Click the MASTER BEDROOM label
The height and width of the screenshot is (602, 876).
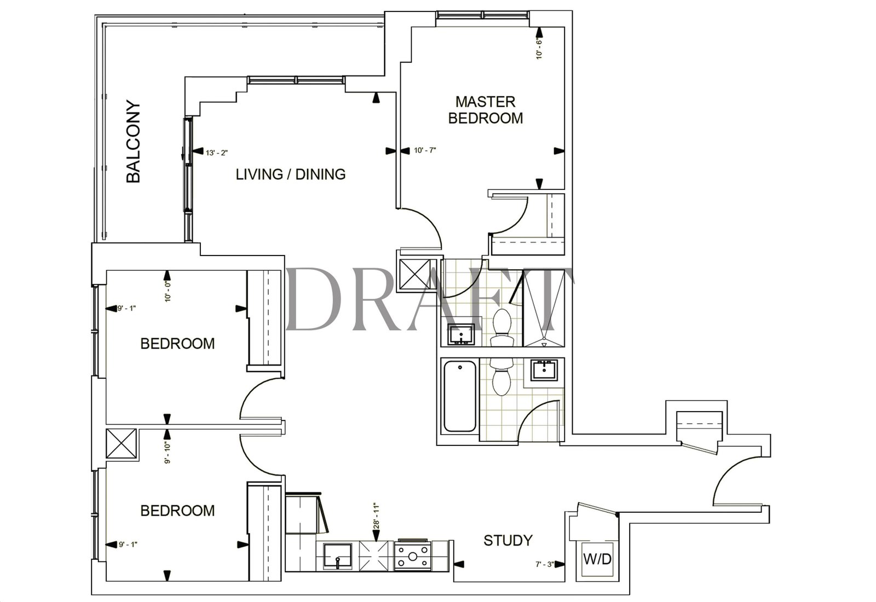pos(485,110)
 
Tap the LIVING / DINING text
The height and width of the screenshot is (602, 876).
pos(291,175)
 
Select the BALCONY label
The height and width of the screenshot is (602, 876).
pos(134,142)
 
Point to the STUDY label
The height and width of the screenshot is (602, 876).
pos(508,541)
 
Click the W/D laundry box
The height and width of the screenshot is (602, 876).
pos(597,559)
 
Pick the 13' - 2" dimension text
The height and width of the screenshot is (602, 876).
pos(217,153)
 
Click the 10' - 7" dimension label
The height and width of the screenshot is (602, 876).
pos(425,150)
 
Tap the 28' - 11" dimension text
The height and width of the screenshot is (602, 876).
pos(377,516)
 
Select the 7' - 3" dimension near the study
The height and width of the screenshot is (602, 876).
pos(545,564)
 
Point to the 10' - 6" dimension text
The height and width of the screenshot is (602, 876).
pos(539,49)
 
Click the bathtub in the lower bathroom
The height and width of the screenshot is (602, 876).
pos(460,396)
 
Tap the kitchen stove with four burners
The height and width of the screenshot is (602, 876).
pos(412,555)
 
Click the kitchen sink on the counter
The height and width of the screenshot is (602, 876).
pos(337,556)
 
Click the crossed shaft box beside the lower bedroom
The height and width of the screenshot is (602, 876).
pos(121,443)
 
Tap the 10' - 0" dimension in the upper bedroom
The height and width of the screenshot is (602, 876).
pos(168,292)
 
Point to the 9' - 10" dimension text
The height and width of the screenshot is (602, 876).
pos(168,453)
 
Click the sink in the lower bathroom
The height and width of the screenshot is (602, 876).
pos(545,370)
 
